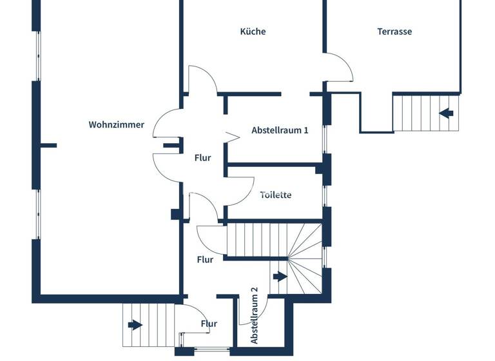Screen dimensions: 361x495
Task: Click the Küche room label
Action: click(253, 31)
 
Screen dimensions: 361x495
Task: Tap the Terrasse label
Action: click(394, 31)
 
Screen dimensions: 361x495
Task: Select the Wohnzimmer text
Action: click(117, 124)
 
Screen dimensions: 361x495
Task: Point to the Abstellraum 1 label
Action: click(280, 130)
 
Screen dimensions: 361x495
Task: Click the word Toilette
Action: click(276, 194)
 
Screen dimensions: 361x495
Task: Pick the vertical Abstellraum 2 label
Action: click(254, 315)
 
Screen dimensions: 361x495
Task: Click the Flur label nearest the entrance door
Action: click(209, 324)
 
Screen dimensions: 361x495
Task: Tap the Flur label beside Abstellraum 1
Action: click(203, 157)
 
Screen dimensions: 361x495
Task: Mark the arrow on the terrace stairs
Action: click(446, 113)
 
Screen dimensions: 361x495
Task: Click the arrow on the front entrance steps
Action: click(135, 324)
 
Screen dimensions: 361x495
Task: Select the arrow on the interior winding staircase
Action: click(280, 277)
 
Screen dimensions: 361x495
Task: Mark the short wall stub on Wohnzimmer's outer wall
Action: click(49, 145)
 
